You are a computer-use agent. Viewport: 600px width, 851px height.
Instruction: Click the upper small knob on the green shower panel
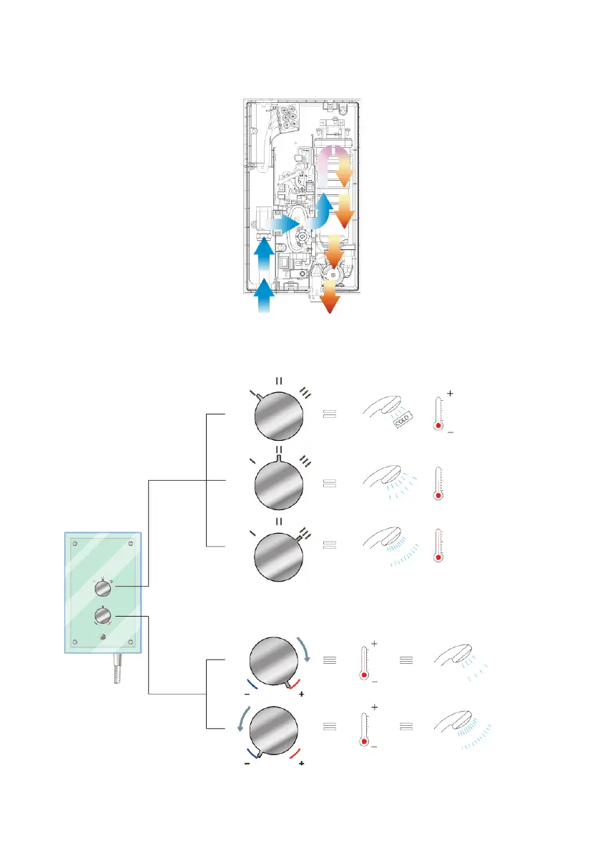pyautogui.click(x=104, y=589)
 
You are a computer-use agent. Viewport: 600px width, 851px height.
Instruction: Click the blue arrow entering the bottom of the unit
pyautogui.click(x=264, y=297)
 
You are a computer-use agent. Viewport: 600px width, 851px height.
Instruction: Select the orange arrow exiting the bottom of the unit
pyautogui.click(x=330, y=297)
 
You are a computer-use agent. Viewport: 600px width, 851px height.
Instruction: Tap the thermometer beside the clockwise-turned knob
pyautogui.click(x=365, y=662)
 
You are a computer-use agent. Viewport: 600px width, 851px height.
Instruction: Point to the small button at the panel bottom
pyautogui.click(x=104, y=637)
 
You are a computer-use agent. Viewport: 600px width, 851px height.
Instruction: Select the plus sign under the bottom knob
pyautogui.click(x=301, y=764)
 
